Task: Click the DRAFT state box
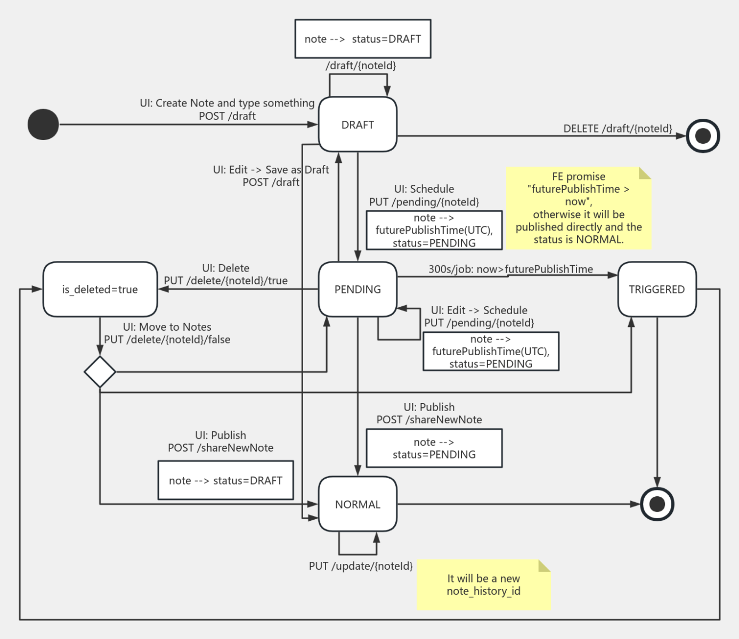358,125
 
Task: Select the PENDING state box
358,289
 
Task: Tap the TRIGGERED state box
656,289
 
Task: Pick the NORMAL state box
358,504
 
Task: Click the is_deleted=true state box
100,289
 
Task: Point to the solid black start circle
43,125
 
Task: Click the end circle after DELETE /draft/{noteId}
703,136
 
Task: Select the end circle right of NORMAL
657,504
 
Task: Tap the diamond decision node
100,372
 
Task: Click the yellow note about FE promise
579,208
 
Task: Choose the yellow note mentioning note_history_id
483,585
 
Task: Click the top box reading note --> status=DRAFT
363,39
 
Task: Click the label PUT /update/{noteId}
361,566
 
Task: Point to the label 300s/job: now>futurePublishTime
510,269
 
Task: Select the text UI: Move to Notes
167,327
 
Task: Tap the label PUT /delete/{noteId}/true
225,281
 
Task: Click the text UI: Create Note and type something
227,103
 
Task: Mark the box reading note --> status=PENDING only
434,448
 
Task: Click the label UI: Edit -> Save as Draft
271,169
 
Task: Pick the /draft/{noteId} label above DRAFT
361,65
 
